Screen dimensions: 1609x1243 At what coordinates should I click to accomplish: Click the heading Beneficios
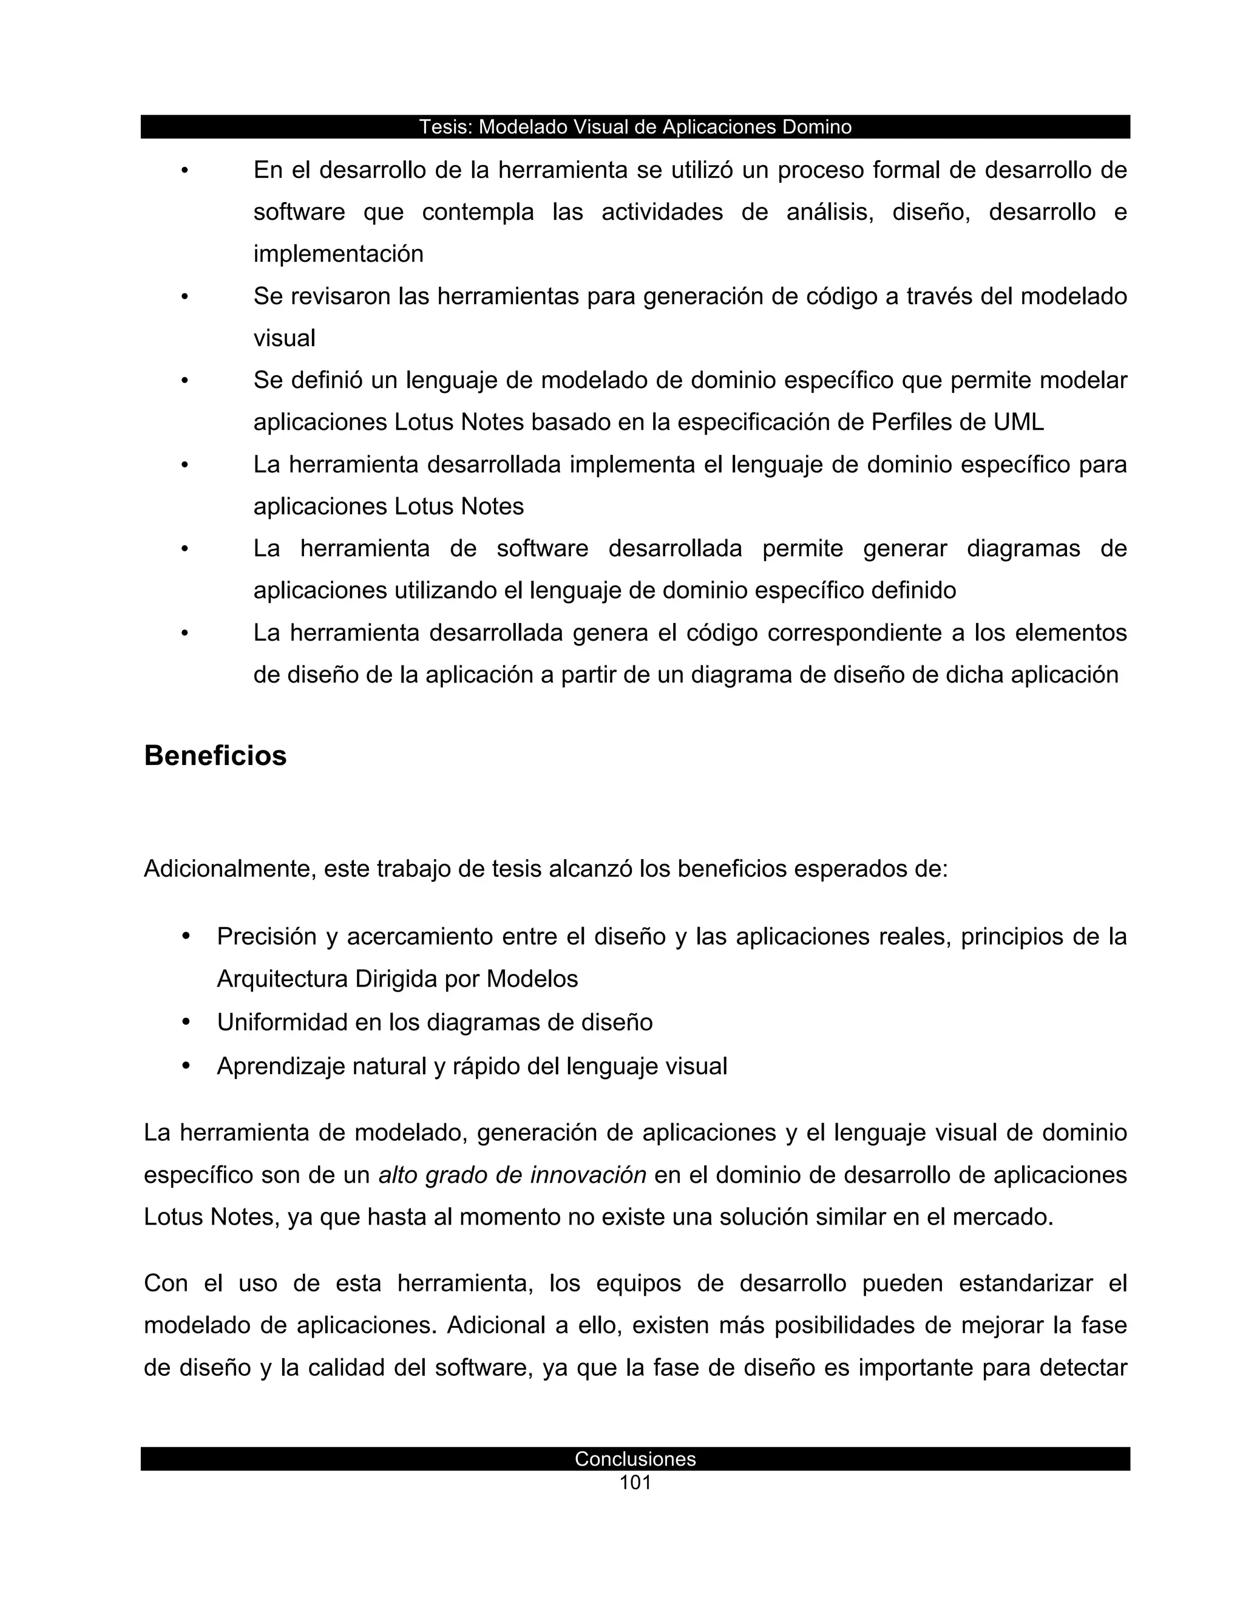tap(215, 756)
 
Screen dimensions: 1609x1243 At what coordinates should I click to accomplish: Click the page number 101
tap(635, 1483)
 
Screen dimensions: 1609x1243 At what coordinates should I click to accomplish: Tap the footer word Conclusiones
tap(635, 1458)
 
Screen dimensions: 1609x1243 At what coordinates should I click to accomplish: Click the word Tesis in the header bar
tap(445, 127)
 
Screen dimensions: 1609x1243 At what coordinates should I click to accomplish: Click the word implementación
tap(338, 254)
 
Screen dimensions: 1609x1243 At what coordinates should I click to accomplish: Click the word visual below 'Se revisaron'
tap(284, 339)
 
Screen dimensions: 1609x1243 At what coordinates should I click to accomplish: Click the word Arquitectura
tap(282, 979)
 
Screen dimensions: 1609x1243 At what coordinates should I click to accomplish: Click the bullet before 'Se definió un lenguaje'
tap(185, 381)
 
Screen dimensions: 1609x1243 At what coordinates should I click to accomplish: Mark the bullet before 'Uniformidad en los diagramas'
tap(186, 1022)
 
